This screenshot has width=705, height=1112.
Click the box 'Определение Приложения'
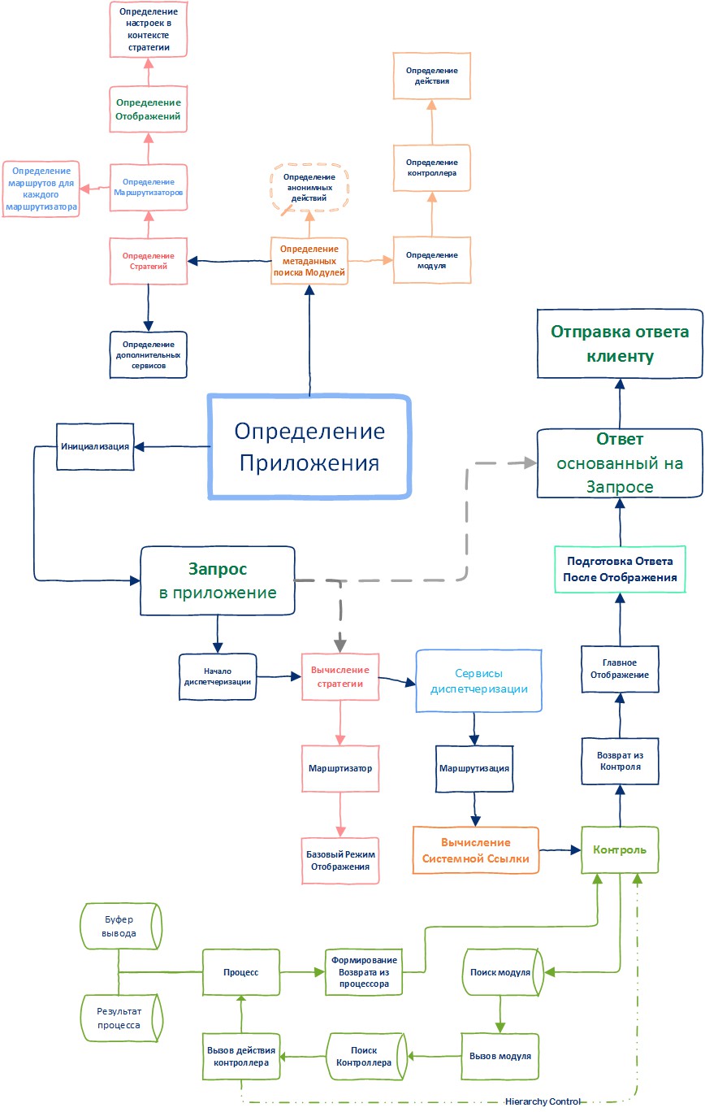click(309, 446)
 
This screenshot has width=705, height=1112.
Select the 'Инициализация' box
click(96, 446)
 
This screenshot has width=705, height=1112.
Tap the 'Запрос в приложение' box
click(217, 580)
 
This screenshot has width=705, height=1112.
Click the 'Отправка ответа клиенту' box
click(620, 343)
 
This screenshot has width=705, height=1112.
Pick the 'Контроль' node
click(620, 850)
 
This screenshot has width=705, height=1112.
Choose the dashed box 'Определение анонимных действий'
click(309, 188)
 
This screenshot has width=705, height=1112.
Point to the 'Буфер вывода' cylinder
click(120, 925)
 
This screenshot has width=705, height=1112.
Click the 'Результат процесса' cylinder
click(120, 1019)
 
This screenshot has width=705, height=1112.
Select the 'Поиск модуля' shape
click(500, 972)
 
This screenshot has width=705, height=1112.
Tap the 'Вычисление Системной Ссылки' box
click(476, 850)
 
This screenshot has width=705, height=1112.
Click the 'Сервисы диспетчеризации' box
click(478, 681)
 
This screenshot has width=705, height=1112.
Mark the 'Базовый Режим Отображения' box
click(340, 860)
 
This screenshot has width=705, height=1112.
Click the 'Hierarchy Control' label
click(543, 1101)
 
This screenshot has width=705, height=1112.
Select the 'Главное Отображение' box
click(619, 668)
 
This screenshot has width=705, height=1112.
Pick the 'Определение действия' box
click(430, 76)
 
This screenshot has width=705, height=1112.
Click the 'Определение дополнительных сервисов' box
click(148, 354)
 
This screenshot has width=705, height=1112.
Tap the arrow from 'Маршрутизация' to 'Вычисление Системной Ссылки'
click(475, 810)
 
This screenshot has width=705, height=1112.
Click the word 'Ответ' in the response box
click(620, 440)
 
